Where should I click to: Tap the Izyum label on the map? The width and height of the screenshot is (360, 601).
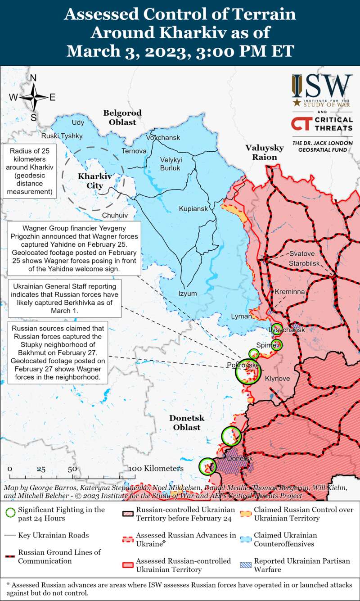[187, 294]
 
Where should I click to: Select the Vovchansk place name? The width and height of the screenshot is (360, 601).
[163, 137]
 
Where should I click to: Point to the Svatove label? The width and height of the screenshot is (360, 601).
[301, 253]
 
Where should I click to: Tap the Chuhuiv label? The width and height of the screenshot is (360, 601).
[115, 215]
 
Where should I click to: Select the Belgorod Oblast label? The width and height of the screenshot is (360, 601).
[122, 117]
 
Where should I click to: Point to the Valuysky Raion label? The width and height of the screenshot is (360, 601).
[264, 152]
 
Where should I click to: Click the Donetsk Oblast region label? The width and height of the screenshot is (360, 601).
[187, 422]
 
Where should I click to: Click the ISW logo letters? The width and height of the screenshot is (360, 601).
[322, 86]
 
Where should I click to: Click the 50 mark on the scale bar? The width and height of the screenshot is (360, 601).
[72, 469]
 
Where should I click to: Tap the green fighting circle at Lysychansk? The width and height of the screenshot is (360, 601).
[277, 329]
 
